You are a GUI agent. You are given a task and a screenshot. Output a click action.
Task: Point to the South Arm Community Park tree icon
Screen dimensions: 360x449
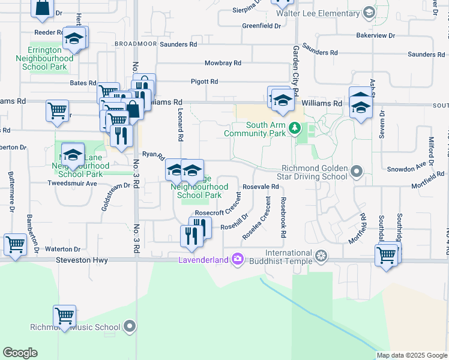click(x=294, y=128)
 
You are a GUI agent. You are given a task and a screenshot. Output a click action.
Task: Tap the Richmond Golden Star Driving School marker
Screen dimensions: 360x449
click(x=357, y=172)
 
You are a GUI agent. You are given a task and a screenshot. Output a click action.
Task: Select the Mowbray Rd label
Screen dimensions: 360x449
click(x=223, y=63)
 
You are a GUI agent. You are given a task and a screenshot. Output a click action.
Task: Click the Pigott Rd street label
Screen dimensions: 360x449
click(x=205, y=82)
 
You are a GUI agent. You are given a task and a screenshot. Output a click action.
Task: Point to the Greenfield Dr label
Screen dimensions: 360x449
click(x=262, y=26)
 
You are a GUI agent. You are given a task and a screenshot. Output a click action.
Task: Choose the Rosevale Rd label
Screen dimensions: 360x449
click(x=261, y=187)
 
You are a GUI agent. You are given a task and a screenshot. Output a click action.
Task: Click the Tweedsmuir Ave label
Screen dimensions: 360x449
click(x=72, y=184)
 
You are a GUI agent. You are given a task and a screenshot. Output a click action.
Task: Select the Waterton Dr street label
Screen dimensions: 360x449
click(x=63, y=249)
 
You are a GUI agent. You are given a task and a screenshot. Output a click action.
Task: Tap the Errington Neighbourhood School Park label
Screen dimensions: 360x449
click(x=51, y=58)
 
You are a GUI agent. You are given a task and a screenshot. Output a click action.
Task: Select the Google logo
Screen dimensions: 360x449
click(x=20, y=353)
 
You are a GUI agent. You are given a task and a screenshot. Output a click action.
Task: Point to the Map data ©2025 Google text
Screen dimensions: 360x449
click(x=411, y=355)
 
